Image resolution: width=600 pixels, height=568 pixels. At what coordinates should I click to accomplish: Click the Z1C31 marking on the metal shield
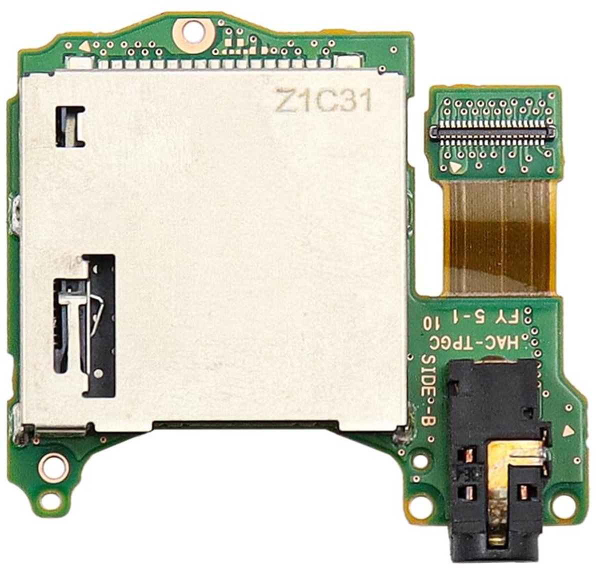pos(323,100)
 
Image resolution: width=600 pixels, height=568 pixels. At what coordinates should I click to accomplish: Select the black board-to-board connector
pos(491,134)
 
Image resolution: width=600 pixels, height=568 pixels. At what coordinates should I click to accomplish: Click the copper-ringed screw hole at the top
pos(192,31)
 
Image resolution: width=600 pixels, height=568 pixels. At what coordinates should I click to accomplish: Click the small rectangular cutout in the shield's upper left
pos(70,126)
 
